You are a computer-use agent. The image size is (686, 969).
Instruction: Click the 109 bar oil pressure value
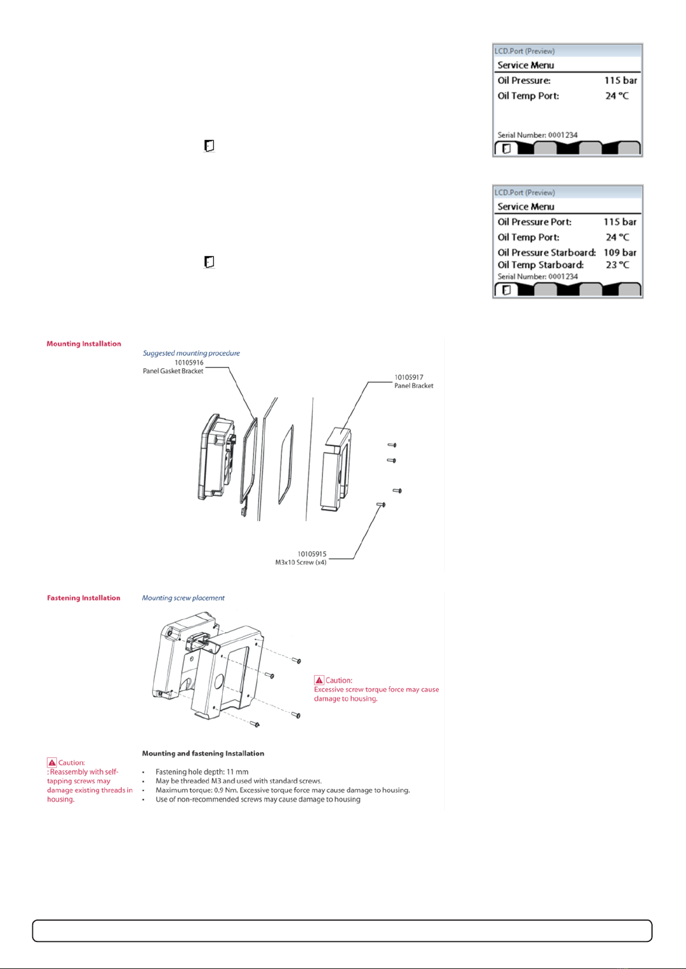[620, 252]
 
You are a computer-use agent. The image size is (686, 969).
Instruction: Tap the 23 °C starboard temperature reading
[617, 265]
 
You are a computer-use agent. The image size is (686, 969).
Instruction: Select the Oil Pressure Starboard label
[546, 252]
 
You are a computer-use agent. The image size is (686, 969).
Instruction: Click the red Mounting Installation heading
[84, 344]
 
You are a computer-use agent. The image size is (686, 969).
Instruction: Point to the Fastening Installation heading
[83, 598]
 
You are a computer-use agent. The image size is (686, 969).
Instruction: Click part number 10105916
[189, 362]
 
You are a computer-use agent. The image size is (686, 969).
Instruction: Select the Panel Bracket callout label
[414, 385]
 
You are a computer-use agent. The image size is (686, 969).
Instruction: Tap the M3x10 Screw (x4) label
[301, 562]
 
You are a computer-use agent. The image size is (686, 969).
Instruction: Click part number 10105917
[409, 377]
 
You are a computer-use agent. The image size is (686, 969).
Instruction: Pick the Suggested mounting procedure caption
[191, 353]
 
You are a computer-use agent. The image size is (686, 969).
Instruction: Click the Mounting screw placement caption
[183, 598]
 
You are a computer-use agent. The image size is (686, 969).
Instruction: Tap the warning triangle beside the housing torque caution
[319, 680]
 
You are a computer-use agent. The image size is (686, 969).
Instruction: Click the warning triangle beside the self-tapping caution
[52, 762]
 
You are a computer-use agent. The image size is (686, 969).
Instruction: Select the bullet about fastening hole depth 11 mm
[202, 772]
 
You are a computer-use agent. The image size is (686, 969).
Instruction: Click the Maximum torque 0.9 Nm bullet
[283, 790]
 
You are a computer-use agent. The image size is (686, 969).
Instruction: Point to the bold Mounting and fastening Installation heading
[203, 753]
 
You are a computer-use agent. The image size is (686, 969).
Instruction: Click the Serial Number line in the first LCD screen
[537, 135]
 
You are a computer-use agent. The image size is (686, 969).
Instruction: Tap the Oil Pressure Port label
[534, 222]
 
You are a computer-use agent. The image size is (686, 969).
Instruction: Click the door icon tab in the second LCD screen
[506, 290]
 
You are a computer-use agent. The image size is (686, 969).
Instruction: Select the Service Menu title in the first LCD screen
[525, 65]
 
